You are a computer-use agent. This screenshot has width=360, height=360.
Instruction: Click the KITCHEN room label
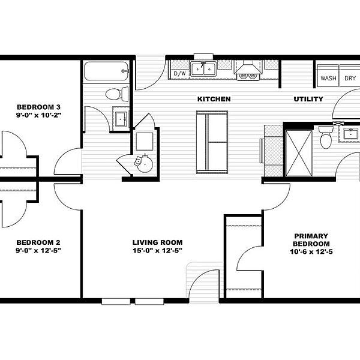[214, 99]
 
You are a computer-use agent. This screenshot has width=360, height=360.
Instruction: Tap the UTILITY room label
[308, 99]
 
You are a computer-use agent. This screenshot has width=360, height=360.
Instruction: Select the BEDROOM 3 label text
[38, 107]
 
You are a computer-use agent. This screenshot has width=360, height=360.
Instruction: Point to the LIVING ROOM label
[157, 242]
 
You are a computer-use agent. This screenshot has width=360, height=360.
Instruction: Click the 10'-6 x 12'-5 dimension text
[311, 252]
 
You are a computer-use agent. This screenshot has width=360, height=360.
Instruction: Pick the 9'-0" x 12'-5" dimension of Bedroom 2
[38, 250]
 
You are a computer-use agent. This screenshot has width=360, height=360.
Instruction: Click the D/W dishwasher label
[180, 73]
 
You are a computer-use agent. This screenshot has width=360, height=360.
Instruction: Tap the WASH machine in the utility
[328, 76]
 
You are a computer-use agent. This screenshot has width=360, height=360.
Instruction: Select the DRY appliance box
[350, 76]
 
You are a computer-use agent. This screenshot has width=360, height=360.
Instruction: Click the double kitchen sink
[203, 69]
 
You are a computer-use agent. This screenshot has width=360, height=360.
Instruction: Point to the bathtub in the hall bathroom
[106, 71]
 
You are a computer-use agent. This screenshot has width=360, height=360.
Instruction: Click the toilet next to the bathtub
[117, 94]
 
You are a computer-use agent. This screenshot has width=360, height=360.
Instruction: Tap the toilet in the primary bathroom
[326, 137]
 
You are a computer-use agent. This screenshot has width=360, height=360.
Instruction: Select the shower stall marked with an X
[299, 154]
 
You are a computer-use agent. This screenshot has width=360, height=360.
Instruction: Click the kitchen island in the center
[212, 142]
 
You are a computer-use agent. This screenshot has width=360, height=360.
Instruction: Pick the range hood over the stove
[248, 67]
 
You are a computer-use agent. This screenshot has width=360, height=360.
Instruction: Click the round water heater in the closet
[144, 163]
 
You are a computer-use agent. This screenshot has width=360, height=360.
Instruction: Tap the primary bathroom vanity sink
[350, 134]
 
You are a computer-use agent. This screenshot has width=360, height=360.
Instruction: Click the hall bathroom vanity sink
[121, 119]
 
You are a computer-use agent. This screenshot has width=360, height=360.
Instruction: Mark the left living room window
[116, 301]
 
